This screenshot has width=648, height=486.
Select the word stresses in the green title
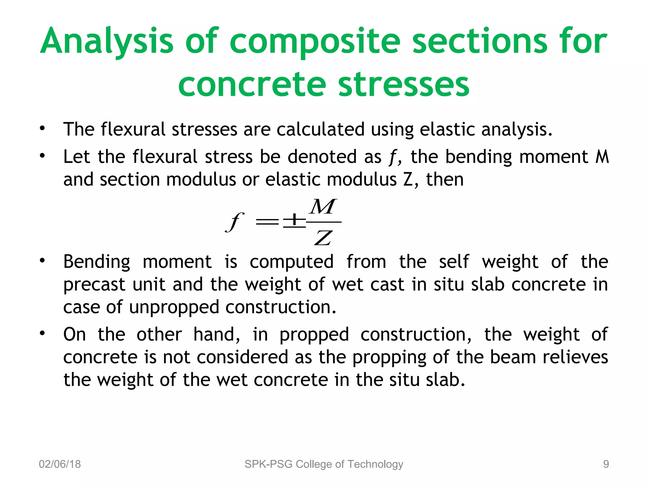pyautogui.click(x=404, y=84)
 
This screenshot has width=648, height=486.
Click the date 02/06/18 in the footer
pyautogui.click(x=60, y=464)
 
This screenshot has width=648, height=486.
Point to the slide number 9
pyautogui.click(x=606, y=464)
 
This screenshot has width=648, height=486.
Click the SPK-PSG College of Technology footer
pyautogui.click(x=324, y=464)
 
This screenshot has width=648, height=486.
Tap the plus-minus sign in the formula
pyautogui.click(x=294, y=221)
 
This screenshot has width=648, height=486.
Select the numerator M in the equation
pyautogui.click(x=323, y=207)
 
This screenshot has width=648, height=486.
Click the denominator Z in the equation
pyautogui.click(x=323, y=238)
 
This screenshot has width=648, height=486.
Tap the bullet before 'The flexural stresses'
pyautogui.click(x=42, y=129)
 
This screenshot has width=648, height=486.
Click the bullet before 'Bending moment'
pyautogui.click(x=42, y=261)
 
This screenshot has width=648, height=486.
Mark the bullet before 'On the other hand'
pyautogui.click(x=42, y=334)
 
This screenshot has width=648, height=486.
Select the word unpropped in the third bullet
pyautogui.click(x=174, y=307)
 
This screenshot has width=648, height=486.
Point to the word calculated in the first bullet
pyautogui.click(x=320, y=129)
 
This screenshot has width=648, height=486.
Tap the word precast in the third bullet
pyautogui.click(x=94, y=284)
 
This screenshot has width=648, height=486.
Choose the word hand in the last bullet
pyautogui.click(x=217, y=334)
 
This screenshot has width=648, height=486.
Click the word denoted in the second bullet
pyautogui.click(x=322, y=157)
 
